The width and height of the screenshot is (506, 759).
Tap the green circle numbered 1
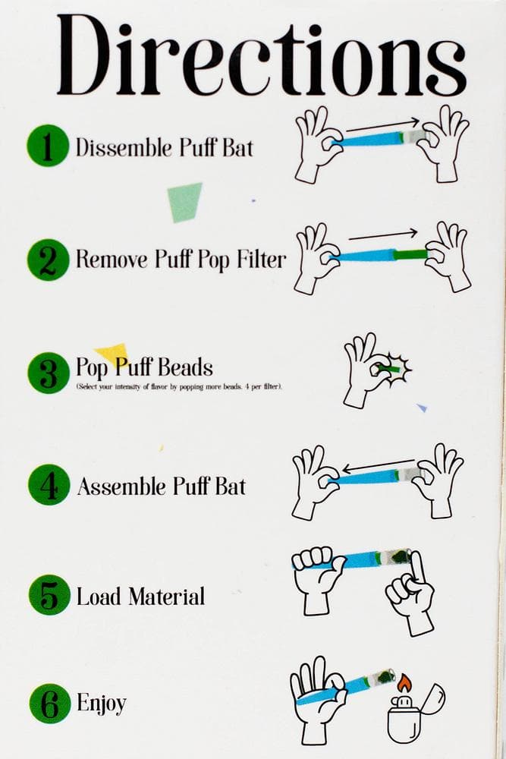[47, 146]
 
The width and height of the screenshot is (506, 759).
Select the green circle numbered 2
[48, 260]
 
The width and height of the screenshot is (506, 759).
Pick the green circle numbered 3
[49, 373]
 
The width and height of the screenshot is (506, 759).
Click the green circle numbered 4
[49, 485]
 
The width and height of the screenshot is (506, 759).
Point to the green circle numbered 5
[49, 594]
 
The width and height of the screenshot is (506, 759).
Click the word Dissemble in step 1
[124, 147]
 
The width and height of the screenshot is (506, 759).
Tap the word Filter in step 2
[261, 259]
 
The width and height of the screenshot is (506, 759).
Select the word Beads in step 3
[186, 367]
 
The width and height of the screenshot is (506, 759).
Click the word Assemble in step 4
[122, 486]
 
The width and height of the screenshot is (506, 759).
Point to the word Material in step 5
[166, 597]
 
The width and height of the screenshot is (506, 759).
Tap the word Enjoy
[102, 703]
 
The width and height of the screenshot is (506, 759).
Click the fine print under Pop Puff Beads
[180, 387]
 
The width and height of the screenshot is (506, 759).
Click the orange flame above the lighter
[404, 684]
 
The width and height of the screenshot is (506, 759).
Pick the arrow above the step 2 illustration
[382, 235]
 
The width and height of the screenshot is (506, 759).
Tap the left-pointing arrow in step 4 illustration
[378, 465]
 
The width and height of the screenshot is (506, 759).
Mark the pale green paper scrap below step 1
[185, 203]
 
